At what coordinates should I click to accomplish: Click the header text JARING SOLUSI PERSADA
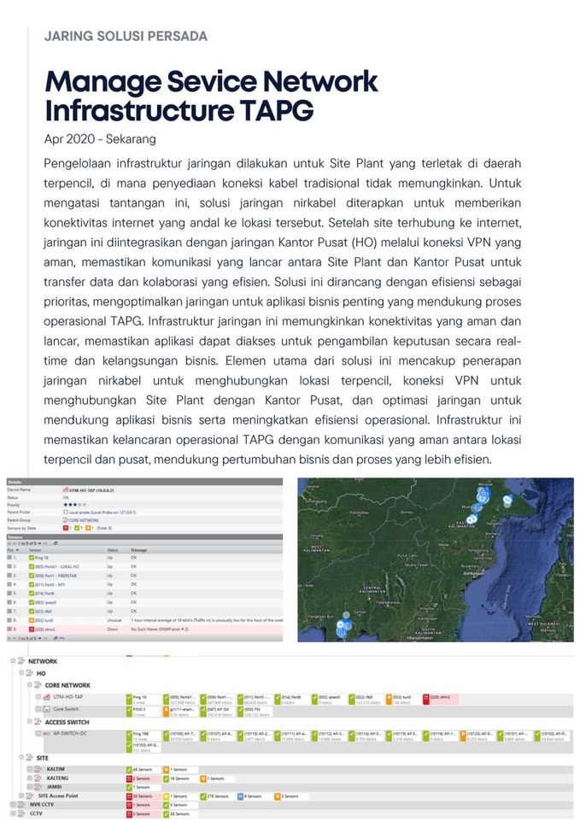tap(125, 36)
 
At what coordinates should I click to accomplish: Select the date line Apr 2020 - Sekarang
tap(100, 138)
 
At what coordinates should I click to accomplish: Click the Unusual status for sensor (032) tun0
tap(114, 620)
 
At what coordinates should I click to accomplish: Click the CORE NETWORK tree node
tap(67, 685)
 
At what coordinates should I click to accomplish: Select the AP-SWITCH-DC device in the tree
tap(73, 733)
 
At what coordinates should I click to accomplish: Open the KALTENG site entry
tap(57, 778)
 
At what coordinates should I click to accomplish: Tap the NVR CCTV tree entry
tap(41, 805)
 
